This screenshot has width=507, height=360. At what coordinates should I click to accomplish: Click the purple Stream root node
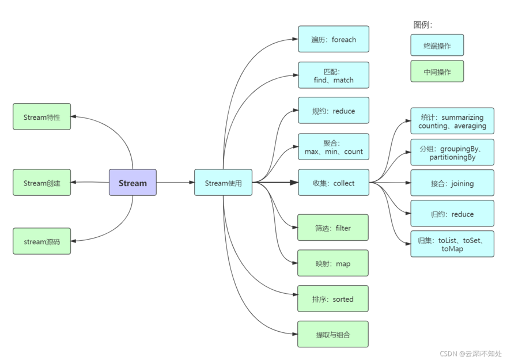click(x=133, y=183)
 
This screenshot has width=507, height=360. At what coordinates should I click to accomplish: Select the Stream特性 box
click(x=41, y=117)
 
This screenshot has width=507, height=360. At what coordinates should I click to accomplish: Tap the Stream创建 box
click(x=41, y=183)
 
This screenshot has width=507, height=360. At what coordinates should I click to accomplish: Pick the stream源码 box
click(x=41, y=241)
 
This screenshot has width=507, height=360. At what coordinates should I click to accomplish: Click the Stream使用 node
click(x=223, y=183)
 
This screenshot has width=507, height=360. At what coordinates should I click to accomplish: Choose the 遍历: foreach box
click(x=333, y=39)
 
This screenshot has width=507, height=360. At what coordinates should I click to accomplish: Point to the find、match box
click(x=333, y=75)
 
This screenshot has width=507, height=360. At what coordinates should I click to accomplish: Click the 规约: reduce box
click(x=333, y=111)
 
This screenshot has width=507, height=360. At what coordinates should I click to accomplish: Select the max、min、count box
click(x=333, y=146)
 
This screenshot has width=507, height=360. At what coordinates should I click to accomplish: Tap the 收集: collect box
click(x=333, y=183)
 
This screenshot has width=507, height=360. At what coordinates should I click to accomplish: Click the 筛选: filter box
click(x=332, y=228)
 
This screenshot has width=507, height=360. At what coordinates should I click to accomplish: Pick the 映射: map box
click(x=332, y=263)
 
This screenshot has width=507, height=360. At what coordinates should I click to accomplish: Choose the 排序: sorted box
click(x=332, y=299)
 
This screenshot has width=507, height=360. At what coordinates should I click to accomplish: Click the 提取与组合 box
click(x=332, y=334)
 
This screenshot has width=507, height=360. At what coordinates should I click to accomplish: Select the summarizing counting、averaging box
click(x=452, y=121)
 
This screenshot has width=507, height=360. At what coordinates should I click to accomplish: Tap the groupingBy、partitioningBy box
click(x=452, y=152)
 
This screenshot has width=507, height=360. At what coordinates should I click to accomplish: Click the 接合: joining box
click(x=452, y=183)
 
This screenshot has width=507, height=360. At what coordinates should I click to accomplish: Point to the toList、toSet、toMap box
click(x=452, y=244)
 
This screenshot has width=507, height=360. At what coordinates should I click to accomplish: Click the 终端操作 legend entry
click(x=437, y=46)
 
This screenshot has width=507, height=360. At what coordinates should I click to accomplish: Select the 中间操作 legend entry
click(x=437, y=72)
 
